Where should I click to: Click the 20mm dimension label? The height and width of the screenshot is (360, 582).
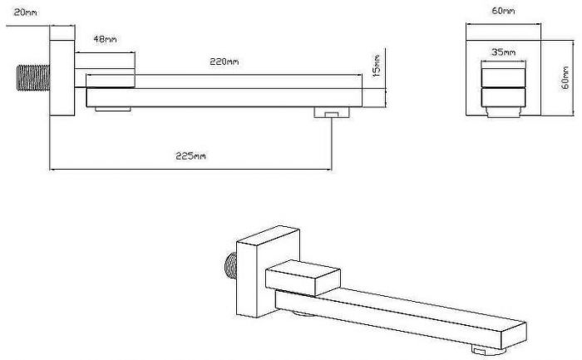25,12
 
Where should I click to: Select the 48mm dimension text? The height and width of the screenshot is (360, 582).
105,39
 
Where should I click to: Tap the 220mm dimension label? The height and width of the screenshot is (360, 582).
224,62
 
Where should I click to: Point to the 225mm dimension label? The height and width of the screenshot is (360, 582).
190,155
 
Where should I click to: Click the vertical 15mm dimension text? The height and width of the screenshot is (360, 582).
377,66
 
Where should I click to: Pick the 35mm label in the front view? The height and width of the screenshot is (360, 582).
503,52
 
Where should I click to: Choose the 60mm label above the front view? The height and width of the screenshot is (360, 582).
503,11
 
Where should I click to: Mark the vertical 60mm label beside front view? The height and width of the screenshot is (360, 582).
565,77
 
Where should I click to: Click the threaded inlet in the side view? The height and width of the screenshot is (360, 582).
33,77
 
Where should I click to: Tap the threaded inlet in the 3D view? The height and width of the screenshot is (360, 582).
231,266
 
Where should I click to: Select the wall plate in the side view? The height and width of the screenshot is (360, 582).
62,78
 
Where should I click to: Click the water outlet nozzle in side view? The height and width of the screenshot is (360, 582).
332,112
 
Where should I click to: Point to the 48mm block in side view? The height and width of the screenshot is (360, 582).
105,70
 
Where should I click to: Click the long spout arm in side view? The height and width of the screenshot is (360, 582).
224,97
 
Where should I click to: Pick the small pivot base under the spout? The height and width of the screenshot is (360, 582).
113,109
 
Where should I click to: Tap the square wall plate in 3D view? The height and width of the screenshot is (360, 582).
268,272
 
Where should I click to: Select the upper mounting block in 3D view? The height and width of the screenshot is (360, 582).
303,278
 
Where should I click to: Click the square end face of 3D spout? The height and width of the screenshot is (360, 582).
514,336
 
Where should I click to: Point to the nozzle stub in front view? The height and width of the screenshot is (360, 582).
504,111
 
